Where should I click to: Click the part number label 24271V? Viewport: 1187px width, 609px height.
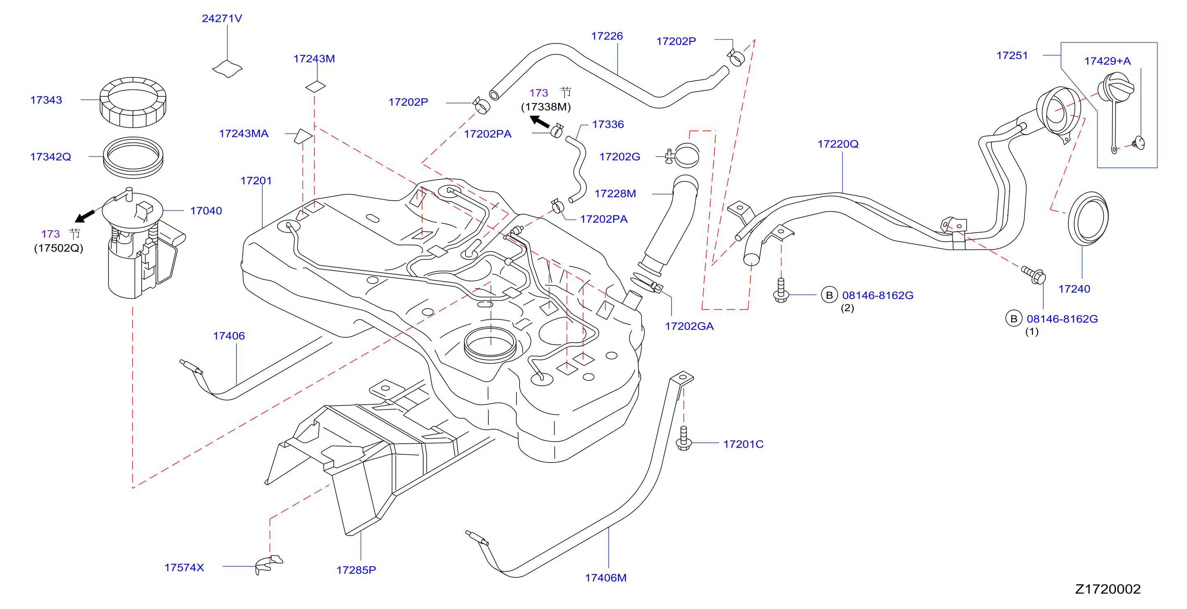pos(222,18)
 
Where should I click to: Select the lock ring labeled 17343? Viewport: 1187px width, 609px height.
pos(133,102)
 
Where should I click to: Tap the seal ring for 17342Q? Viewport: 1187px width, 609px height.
pos(133,157)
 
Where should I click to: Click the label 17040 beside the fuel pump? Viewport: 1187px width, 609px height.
pos(206,211)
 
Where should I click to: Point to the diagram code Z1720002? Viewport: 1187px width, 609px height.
pos(1108,589)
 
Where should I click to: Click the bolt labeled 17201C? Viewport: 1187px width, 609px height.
pos(683,438)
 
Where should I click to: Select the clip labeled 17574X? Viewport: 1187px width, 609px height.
pos(269,565)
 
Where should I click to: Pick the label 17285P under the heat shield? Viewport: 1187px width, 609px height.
pos(356,570)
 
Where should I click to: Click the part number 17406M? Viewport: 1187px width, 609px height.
pos(605,578)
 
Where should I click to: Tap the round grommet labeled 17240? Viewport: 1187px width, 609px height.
pos(1088,219)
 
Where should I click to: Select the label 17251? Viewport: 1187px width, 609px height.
pos(1012,55)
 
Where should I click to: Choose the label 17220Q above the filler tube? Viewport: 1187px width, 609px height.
pos(838,144)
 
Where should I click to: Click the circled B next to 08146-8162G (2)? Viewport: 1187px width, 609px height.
pos(829,295)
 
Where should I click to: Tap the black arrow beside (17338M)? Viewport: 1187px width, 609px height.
pos(539,121)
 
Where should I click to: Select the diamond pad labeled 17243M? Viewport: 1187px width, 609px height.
pos(315,86)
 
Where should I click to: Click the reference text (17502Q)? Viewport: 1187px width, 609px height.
pos(59,248)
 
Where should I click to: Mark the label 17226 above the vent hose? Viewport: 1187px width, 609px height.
pos(607,36)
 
